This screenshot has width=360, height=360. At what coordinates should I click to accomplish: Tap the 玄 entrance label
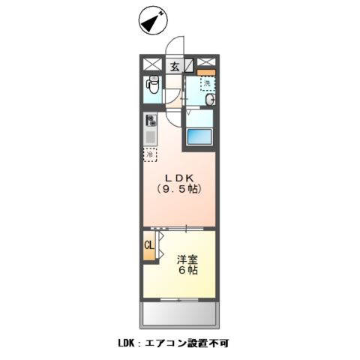174,66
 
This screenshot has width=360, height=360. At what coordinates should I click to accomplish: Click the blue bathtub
199,136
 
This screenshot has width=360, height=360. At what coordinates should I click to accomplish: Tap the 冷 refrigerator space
150,154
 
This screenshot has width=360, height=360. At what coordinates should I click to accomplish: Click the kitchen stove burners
150,121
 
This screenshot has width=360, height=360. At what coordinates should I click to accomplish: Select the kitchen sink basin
150,138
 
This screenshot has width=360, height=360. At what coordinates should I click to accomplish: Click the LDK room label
180,178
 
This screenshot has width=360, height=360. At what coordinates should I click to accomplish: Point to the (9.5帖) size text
180,190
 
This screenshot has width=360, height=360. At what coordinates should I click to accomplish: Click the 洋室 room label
187,259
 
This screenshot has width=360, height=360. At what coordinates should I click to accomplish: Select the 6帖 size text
187,271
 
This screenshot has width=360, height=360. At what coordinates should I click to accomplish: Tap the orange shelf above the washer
206,72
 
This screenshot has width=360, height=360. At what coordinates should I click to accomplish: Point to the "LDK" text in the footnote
126,343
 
